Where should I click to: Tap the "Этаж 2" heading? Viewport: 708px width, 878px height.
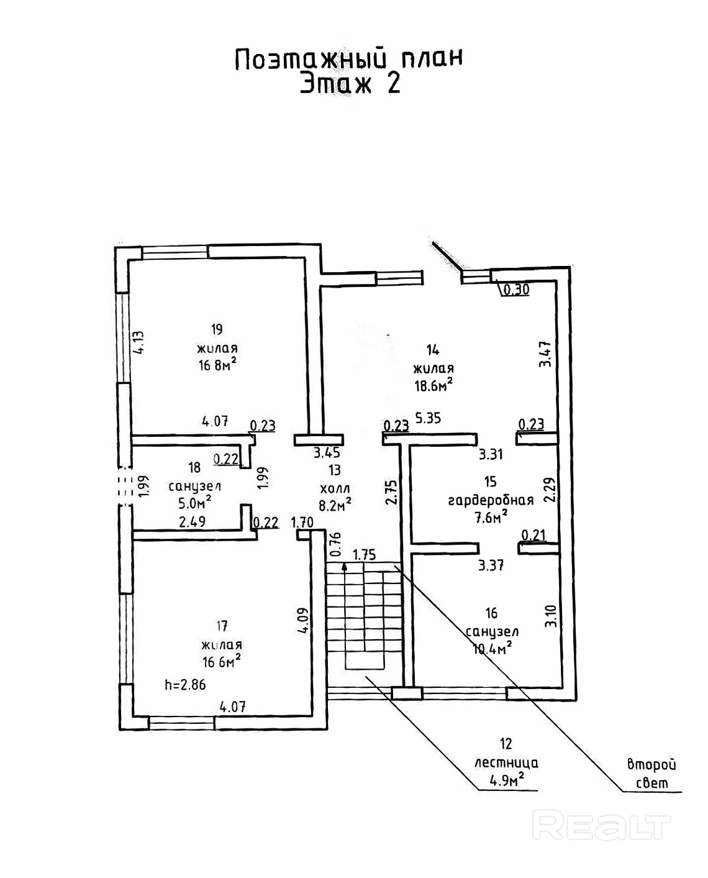coord(350,83)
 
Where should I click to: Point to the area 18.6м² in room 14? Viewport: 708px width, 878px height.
coord(433,385)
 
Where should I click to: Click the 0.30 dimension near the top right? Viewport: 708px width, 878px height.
coord(516,289)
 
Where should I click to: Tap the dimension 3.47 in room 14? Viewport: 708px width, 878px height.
coord(545,354)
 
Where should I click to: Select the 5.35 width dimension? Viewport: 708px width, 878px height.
coord(428,418)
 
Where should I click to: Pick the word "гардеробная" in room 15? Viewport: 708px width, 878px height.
coord(491,500)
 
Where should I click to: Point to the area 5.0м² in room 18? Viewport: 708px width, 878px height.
coord(195,501)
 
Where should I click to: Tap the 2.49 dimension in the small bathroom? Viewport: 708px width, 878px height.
coord(192,523)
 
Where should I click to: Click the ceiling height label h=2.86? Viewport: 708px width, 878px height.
coord(185,685)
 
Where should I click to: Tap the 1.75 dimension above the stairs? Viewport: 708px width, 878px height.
coord(365,554)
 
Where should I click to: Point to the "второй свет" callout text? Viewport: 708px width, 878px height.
coord(651,774)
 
